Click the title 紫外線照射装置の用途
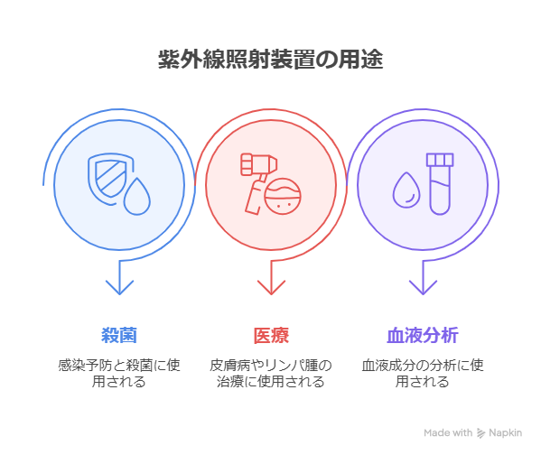[271, 60]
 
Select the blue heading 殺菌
[119, 335]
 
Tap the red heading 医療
[271, 335]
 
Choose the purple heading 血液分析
[423, 335]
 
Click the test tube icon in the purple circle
[440, 184]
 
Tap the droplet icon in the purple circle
[406, 190]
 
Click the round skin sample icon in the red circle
[283, 196]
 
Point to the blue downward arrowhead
[119, 287]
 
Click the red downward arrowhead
[271, 287]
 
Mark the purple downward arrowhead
[423, 287]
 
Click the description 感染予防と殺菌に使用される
[119, 373]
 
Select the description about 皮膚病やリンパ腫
[271, 373]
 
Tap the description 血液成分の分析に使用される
[423, 373]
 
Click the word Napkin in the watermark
[506, 433]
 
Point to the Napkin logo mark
[481, 433]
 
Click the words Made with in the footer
[448, 432]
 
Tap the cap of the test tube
[440, 160]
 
